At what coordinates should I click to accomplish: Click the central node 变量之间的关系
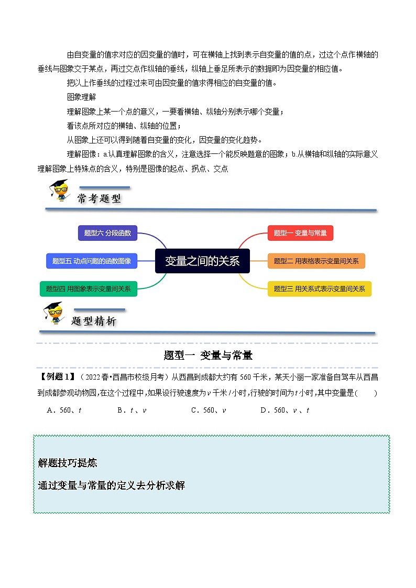tap(202, 261)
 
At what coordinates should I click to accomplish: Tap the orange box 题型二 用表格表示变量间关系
tap(316, 261)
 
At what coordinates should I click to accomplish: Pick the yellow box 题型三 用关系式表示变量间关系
tap(319, 289)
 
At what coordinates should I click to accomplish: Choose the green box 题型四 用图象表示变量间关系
tap(89, 289)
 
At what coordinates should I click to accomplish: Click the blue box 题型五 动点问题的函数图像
tap(92, 261)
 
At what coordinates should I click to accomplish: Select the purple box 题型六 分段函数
tap(107, 233)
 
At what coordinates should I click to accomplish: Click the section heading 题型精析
tap(94, 321)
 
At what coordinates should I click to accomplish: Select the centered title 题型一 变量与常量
tap(208, 356)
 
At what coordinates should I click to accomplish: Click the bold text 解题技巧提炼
tap(68, 463)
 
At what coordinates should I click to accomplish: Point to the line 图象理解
tap(82, 97)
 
